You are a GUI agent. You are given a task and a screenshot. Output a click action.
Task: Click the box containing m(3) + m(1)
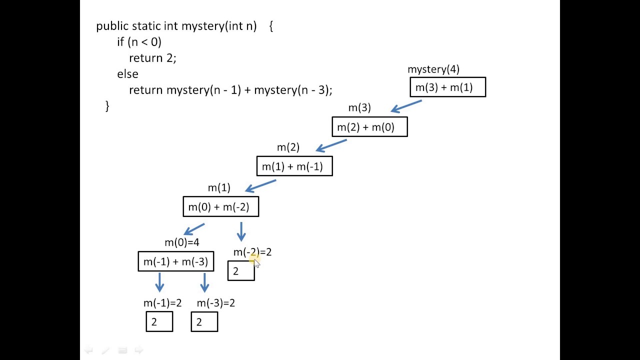(447, 87)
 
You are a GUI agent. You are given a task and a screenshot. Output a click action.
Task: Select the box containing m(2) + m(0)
(369, 127)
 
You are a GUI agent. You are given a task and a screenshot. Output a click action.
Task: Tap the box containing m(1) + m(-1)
(294, 166)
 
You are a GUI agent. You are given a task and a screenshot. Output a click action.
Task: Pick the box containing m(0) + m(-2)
(220, 207)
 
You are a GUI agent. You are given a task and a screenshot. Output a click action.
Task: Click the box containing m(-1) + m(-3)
(175, 261)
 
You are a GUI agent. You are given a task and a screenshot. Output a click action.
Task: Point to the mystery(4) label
(433, 69)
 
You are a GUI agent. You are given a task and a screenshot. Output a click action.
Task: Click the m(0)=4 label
(181, 242)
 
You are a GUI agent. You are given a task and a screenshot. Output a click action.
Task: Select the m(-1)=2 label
(162, 303)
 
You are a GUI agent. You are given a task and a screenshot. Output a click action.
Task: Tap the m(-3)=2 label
(215, 303)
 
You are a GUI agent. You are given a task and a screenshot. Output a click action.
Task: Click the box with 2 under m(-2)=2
(241, 271)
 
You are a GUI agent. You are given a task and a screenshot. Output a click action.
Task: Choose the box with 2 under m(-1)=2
(159, 322)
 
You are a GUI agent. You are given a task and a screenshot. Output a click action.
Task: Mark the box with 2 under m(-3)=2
(204, 322)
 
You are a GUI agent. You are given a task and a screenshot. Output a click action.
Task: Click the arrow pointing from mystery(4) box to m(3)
(406, 106)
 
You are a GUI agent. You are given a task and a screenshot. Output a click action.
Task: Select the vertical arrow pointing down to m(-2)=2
(241, 232)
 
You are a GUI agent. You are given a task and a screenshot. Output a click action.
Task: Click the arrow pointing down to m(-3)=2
(204, 282)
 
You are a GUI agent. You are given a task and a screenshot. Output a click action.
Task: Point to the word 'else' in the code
(127, 74)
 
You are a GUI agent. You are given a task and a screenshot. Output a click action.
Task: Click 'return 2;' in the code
(152, 58)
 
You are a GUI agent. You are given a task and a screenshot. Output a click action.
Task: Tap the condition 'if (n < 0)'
(139, 42)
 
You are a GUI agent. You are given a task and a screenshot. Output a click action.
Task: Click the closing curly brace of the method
(107, 105)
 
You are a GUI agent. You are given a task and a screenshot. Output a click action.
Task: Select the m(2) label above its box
(288, 147)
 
